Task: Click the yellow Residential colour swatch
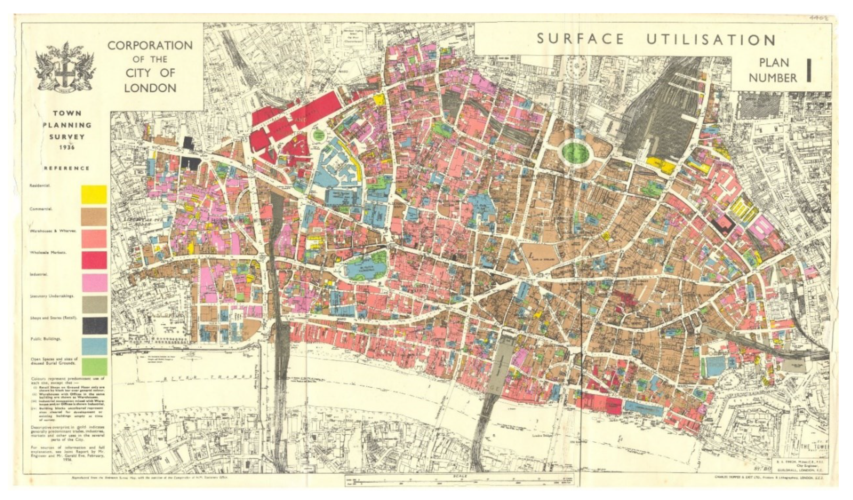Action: [x=94, y=194]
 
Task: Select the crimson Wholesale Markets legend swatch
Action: [x=94, y=260]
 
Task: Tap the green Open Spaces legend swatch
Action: [x=94, y=367]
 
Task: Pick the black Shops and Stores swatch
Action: [x=94, y=325]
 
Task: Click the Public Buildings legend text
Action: [x=46, y=339]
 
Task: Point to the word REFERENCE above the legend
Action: [x=67, y=168]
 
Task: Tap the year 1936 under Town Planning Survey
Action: [x=67, y=147]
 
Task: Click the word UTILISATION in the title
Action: [x=711, y=40]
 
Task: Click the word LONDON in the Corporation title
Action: [x=150, y=88]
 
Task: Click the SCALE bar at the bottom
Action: [x=460, y=477]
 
